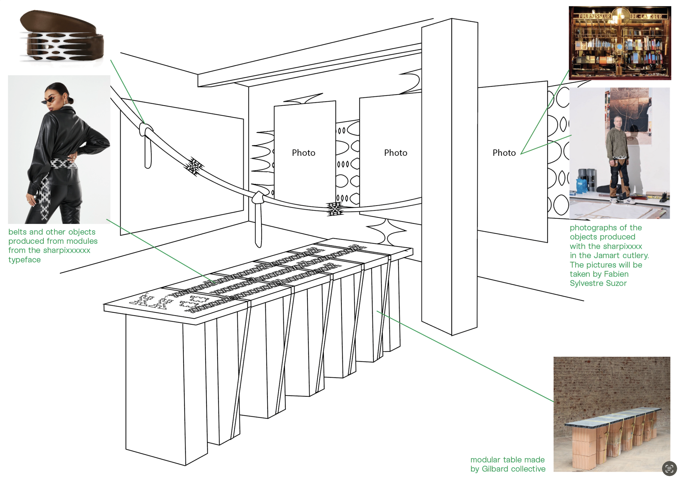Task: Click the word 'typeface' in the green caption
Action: (25, 260)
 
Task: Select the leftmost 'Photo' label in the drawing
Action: (303, 153)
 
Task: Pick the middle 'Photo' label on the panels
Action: (396, 153)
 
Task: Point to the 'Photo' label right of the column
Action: (504, 153)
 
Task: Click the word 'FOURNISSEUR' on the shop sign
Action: (595, 16)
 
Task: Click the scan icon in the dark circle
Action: (669, 469)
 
